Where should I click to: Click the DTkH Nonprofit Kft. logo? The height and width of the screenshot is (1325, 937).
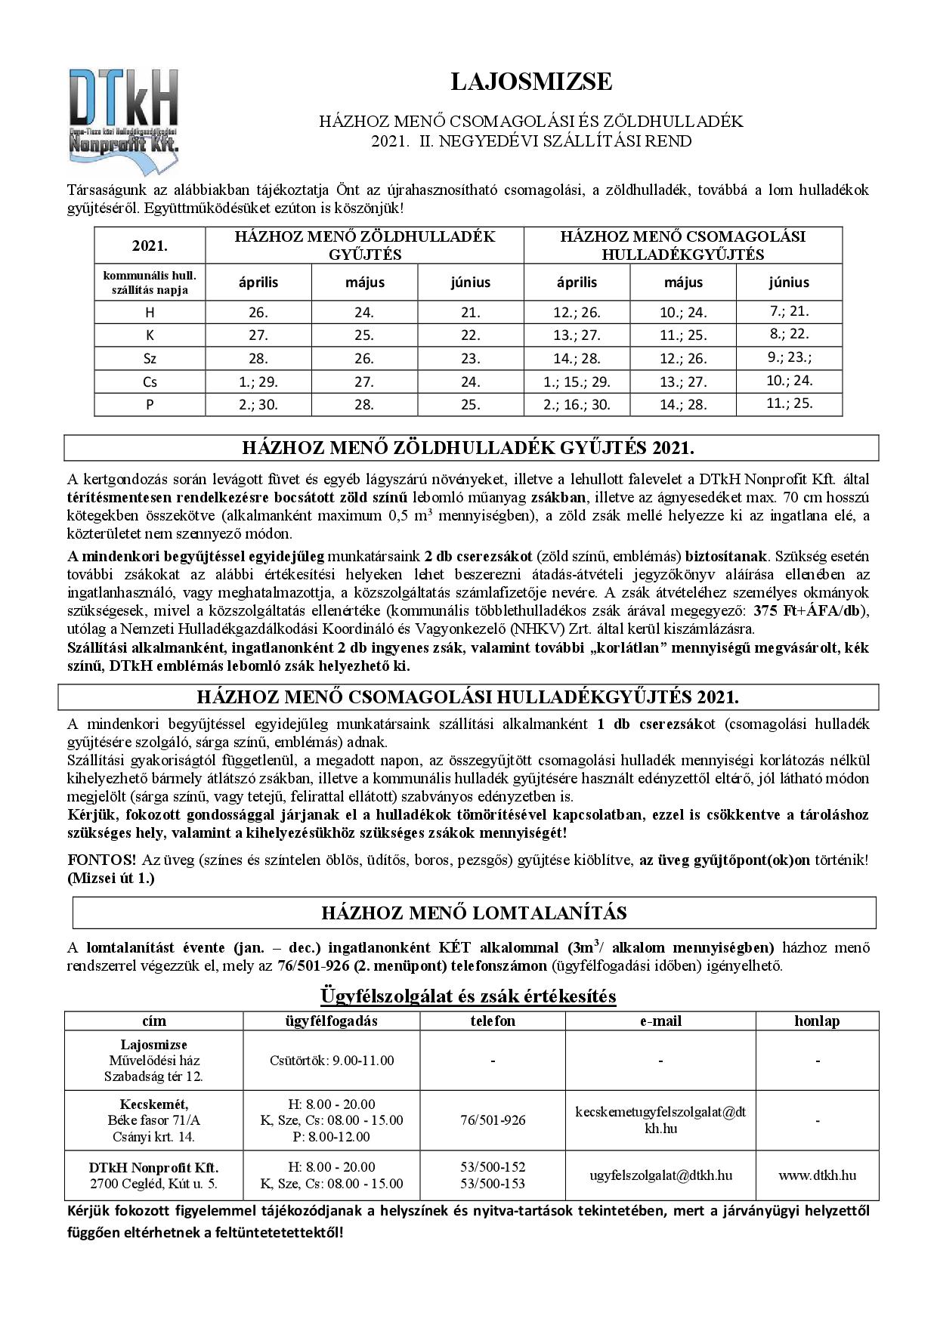tap(124, 114)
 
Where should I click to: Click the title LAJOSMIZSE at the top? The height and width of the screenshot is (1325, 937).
tap(531, 82)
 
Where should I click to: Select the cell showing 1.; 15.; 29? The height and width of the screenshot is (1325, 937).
tap(577, 381)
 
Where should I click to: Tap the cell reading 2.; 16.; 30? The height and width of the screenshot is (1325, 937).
tap(577, 405)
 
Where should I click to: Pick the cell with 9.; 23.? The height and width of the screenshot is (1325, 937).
tap(789, 358)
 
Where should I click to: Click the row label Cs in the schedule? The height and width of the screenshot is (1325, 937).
tap(150, 381)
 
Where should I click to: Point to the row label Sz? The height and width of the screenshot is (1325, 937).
tap(150, 359)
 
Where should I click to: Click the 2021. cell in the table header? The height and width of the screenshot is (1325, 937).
tap(150, 246)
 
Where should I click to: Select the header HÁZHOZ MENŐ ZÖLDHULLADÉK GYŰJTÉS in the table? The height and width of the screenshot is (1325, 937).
tap(364, 246)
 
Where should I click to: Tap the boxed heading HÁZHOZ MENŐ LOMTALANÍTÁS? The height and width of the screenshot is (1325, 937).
tap(474, 913)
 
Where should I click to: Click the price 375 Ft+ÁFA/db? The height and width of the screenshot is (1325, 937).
tap(812, 612)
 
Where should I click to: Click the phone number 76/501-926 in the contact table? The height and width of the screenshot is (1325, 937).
tap(493, 1120)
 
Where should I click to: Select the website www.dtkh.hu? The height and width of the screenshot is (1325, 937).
tap(817, 1175)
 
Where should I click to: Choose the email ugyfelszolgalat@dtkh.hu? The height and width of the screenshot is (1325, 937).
tap(660, 1175)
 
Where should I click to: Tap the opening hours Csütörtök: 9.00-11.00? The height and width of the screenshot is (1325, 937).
tap(332, 1061)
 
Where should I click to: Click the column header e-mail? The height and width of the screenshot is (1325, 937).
tap(660, 1021)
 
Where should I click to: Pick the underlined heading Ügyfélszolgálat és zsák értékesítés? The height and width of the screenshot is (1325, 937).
tap(468, 996)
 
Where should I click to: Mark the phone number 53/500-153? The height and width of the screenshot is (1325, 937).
tap(493, 1184)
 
